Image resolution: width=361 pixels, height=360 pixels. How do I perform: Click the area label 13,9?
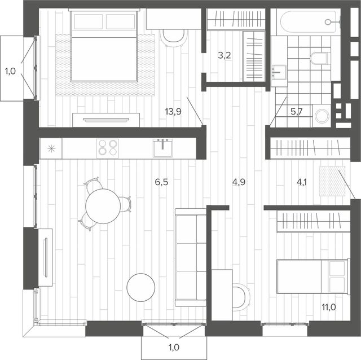(x=173, y=112)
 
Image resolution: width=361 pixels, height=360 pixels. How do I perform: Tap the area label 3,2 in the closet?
(x=224, y=55)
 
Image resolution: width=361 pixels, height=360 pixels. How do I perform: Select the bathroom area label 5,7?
(x=296, y=112)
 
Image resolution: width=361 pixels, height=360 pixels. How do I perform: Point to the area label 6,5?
(x=161, y=182)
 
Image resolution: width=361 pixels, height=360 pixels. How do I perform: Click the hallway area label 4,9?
(x=239, y=182)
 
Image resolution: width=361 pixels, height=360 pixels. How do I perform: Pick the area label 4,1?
(x=302, y=182)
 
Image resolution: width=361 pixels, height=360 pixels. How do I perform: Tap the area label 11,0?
(x=329, y=307)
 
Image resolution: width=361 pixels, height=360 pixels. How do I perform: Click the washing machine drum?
(x=322, y=116)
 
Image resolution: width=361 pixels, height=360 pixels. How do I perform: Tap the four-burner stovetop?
(x=107, y=148)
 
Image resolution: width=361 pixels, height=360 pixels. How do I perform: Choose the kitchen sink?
(x=163, y=148)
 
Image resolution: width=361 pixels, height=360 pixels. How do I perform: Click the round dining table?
(x=103, y=206)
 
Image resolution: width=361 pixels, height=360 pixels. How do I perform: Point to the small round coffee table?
(x=140, y=287)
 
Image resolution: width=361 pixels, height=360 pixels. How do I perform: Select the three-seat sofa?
(x=191, y=257)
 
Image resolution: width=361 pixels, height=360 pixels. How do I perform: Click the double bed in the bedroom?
(x=104, y=45)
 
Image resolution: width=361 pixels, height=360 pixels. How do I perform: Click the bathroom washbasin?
(x=279, y=72)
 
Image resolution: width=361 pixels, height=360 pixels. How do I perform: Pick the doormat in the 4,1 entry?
(x=332, y=181)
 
